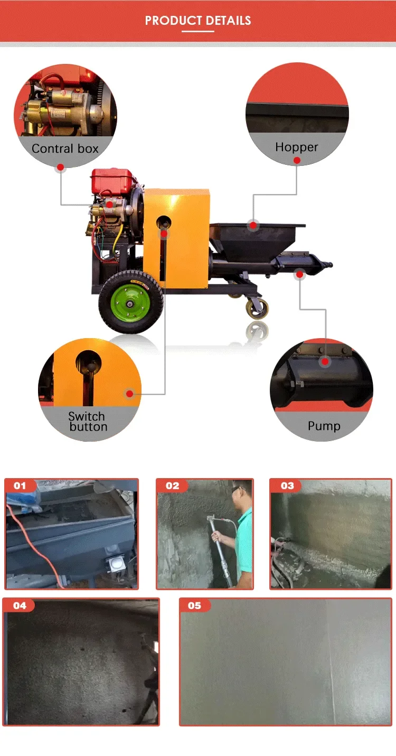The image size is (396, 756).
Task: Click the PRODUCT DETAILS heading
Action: (198, 21)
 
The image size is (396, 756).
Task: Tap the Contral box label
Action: (65, 148)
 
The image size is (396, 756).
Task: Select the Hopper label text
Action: (297, 147)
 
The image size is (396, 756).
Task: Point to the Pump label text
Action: (324, 426)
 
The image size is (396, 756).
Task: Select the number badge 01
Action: (20, 486)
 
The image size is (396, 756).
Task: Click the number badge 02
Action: (172, 486)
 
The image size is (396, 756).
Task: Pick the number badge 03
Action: (287, 486)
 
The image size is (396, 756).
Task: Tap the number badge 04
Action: (20, 605)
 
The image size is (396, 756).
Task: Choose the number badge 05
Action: (195, 605)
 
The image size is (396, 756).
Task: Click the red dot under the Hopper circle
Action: (297, 160)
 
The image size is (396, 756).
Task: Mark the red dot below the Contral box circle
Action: (60, 167)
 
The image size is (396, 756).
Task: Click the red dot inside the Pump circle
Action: (325, 361)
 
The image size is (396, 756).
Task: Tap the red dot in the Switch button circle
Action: (129, 394)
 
